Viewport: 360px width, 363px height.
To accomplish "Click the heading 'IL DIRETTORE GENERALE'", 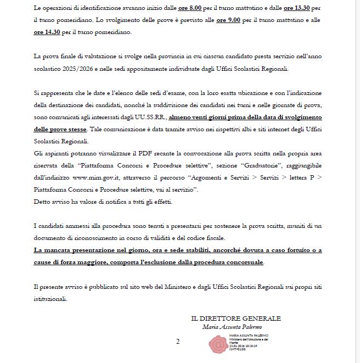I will [236, 318].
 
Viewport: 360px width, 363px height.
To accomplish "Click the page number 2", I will [178, 342].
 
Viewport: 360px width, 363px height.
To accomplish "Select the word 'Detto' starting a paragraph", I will [42, 202].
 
